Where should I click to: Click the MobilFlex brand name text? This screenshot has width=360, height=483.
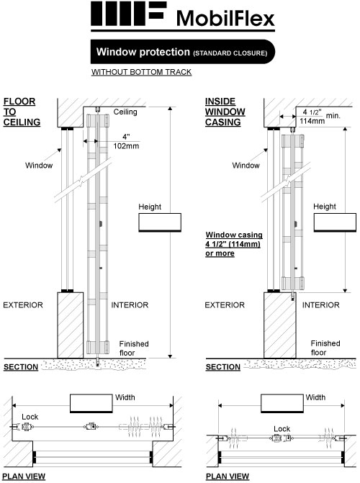point(225,19)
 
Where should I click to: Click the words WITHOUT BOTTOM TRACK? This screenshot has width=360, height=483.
point(141,72)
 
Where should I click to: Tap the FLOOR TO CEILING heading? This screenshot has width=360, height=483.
point(22,112)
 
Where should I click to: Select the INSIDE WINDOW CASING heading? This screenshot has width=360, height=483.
point(225,112)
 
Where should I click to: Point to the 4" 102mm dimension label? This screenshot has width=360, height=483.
point(126,141)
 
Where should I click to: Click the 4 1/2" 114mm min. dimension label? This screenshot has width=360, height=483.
point(320,117)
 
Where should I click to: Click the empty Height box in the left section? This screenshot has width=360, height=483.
point(160,222)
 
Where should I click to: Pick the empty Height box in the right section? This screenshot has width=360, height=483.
point(335,222)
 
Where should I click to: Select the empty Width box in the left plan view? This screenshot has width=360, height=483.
point(91,403)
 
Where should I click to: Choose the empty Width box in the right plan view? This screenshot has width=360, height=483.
point(282,403)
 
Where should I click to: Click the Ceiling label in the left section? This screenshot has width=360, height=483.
point(125,112)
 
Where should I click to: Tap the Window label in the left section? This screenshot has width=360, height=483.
point(39,166)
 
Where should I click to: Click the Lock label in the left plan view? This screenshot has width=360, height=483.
point(30,417)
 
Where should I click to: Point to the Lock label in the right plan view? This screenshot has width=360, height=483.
point(282,429)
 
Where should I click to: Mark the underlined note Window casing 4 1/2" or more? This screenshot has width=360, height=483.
point(234,244)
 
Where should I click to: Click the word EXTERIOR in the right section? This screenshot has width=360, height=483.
point(225,305)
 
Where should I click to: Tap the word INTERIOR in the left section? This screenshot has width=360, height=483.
point(130,305)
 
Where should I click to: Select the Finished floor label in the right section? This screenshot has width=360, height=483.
point(325,348)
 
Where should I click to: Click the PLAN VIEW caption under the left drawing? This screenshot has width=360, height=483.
point(24,477)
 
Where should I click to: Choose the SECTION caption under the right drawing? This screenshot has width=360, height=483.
point(223,367)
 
